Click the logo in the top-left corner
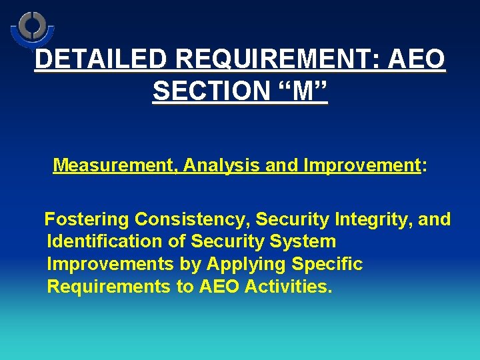click(32, 28)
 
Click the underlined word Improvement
click(361, 165)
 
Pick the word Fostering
click(87, 219)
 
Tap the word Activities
click(288, 287)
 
